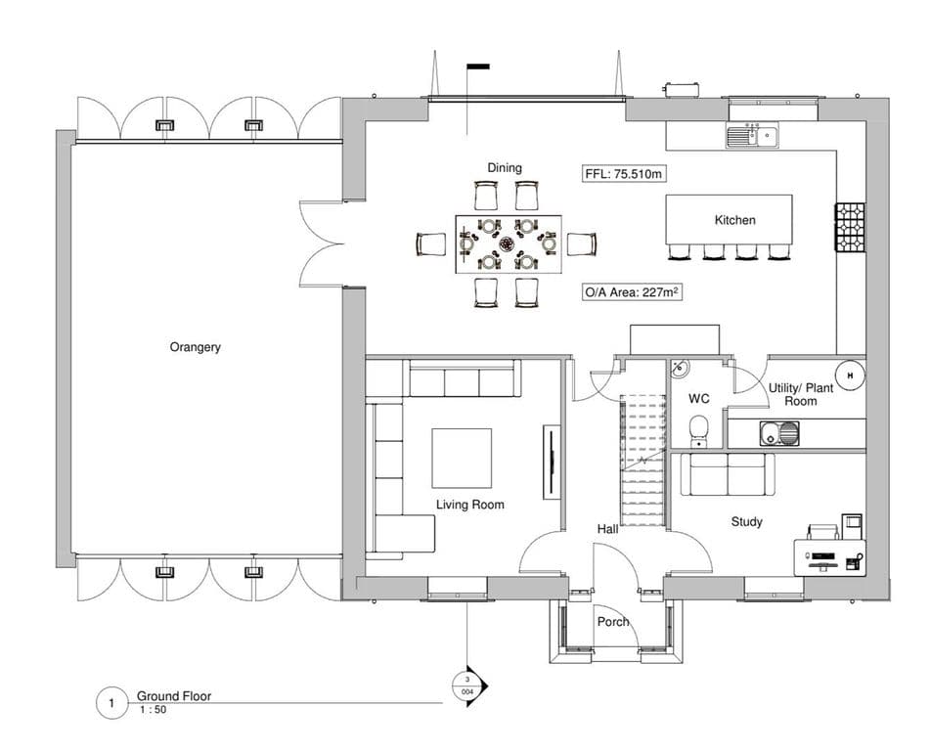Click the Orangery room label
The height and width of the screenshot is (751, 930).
196,347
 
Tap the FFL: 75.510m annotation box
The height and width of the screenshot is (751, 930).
623,174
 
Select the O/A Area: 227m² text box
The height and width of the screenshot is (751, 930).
632,291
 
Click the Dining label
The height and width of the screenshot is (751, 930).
505,168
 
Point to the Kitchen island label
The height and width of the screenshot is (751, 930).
734,220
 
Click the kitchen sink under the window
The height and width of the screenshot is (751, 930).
752,135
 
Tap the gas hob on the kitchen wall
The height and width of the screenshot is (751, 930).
850,227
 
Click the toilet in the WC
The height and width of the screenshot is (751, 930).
698,430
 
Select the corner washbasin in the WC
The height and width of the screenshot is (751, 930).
680,369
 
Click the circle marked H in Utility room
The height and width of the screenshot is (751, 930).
851,375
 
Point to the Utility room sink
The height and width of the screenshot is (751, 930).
779,433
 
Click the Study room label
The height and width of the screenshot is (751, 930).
746,522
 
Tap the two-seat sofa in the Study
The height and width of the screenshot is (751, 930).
728,474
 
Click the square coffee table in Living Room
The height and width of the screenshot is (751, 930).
462,458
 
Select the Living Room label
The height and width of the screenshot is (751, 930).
470,505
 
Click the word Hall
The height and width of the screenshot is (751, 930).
607,529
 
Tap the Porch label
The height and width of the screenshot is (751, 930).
613,622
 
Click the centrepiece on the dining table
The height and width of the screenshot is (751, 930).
508,243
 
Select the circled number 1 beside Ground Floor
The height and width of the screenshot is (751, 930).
111,703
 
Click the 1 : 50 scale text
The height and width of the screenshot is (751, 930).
153,710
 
